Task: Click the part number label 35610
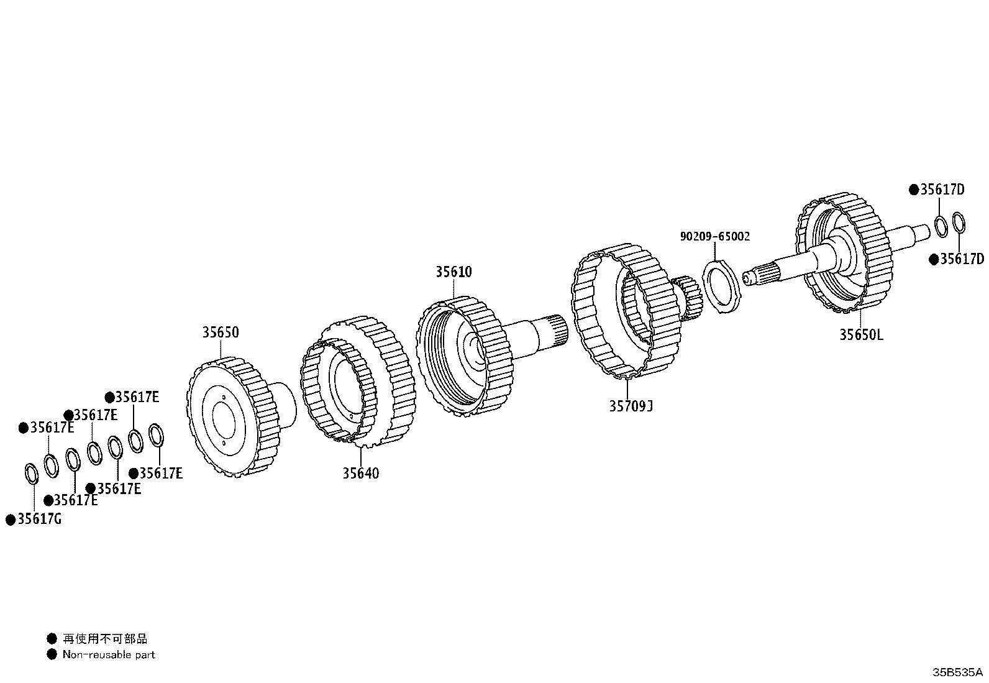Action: point(453,272)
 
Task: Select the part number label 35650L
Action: point(861,334)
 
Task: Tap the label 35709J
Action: point(631,406)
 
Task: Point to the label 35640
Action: point(360,473)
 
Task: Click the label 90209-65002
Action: point(714,237)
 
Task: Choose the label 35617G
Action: point(39,519)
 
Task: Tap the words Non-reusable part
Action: point(109,654)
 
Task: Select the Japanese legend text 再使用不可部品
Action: point(105,638)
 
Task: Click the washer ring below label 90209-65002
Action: point(722,287)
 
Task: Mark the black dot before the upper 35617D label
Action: point(914,190)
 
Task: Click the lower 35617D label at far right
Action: point(961,259)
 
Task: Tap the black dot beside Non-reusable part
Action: point(52,654)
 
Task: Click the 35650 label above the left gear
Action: point(220,332)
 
